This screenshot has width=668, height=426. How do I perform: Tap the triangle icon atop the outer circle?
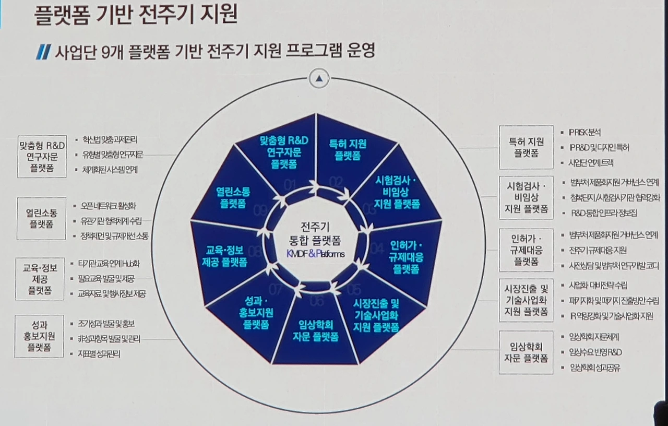[319, 79]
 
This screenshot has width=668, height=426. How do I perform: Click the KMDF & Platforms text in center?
[315, 254]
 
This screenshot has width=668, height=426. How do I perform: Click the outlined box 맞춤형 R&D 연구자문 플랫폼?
[42, 157]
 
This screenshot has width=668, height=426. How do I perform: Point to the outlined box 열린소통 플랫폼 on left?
[42, 218]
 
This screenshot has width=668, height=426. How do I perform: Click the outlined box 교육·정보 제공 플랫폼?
[40, 279]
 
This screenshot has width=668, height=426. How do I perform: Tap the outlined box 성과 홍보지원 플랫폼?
[42, 335]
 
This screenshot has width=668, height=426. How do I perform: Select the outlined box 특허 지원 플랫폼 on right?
[526, 147]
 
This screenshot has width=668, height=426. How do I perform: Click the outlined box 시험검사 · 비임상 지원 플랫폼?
[526, 198]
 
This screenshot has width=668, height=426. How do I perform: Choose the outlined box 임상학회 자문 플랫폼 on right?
[526, 352]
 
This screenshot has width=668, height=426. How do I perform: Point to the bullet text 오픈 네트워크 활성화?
[109, 206]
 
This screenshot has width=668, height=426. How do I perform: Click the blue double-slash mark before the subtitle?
[43, 52]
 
